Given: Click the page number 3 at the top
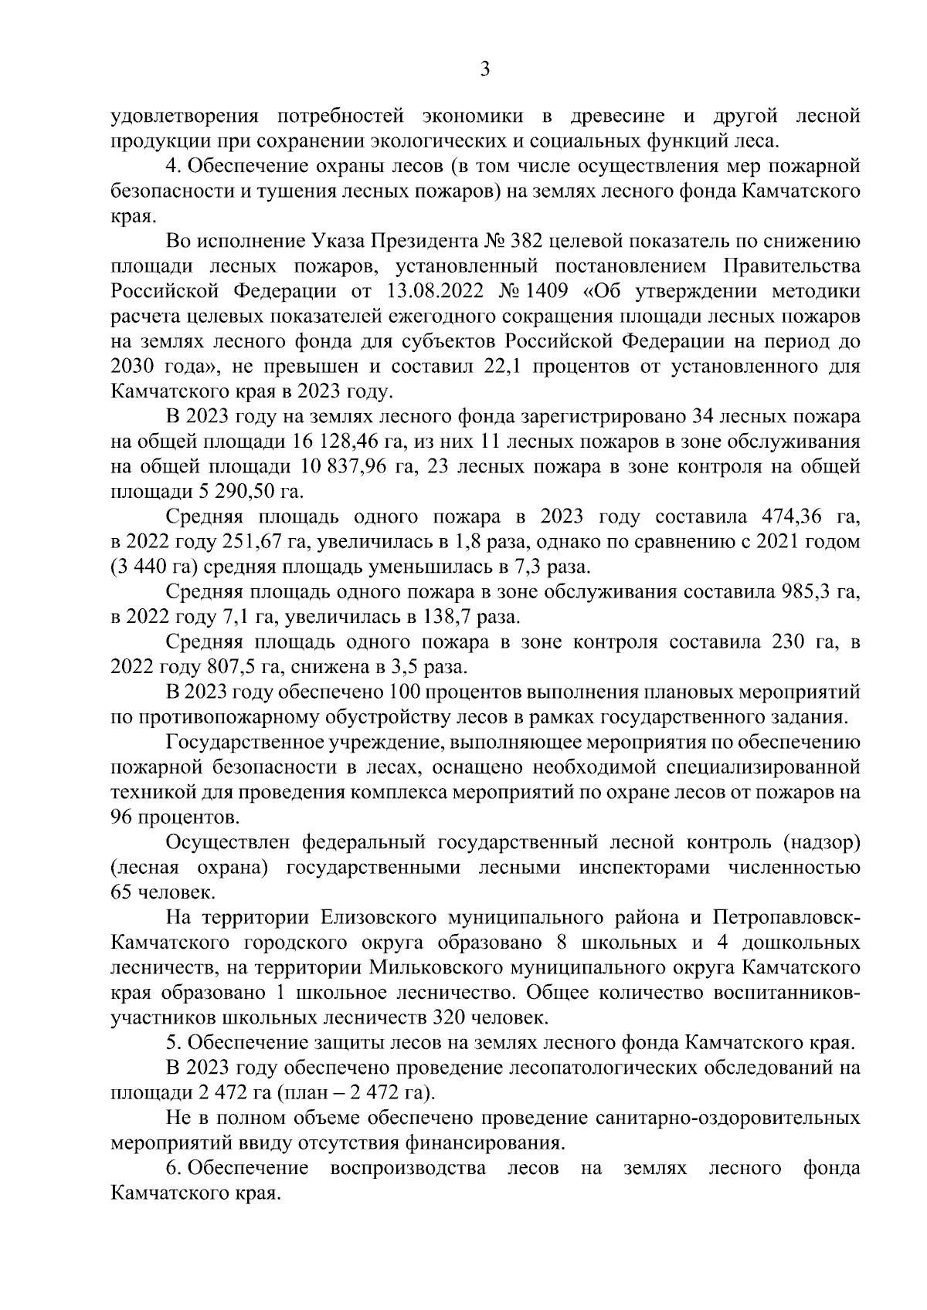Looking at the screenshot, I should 485,69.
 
